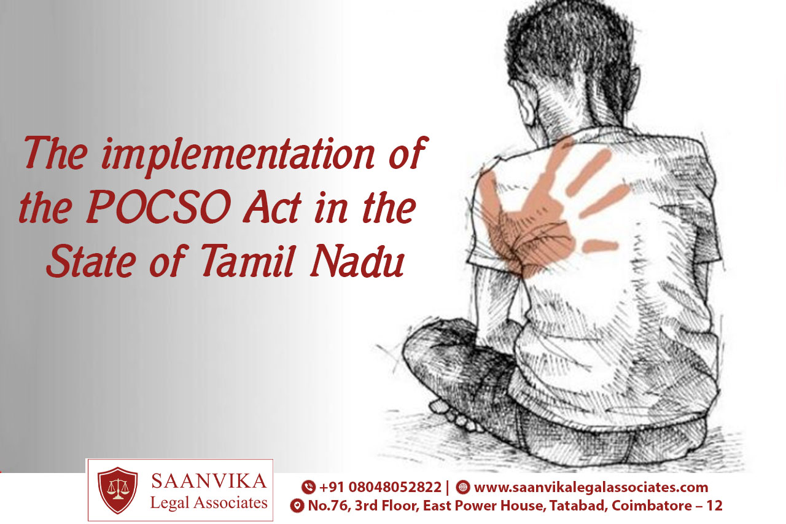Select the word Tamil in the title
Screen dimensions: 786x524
click(247, 260)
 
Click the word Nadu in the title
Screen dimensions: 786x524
click(357, 261)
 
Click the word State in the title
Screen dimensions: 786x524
click(91, 260)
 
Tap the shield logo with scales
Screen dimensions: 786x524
click(117, 490)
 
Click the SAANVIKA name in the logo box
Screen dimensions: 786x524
click(208, 481)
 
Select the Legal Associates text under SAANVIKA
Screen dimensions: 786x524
click(209, 502)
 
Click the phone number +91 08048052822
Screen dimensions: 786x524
click(380, 487)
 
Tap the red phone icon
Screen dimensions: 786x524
click(308, 487)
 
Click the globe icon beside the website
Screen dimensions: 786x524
click(463, 487)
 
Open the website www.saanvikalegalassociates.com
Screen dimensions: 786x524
click(591, 487)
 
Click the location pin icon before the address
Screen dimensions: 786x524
click(297, 506)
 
